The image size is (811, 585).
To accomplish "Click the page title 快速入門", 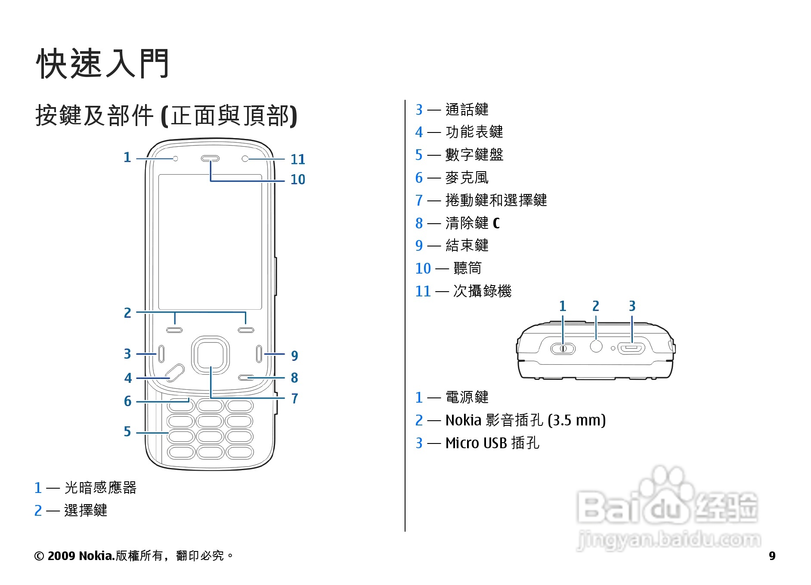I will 102,64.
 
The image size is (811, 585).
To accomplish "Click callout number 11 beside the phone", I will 297,160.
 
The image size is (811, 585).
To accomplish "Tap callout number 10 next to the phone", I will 297,179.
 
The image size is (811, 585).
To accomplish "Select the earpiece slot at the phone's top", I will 210,159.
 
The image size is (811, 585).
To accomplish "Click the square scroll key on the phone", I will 210,355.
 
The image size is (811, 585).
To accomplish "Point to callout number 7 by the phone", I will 294,399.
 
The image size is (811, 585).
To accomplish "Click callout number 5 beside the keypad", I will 127,431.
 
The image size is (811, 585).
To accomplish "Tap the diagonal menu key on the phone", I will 175,373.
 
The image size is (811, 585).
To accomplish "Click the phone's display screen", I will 210,242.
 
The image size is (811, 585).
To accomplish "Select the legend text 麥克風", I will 467,178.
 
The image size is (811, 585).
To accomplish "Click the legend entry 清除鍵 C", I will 472,223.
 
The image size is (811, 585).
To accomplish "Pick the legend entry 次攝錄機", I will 482,291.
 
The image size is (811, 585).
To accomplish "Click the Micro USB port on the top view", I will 631,348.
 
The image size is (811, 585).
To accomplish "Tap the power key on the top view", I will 563,348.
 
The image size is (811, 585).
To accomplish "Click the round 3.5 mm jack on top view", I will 596,346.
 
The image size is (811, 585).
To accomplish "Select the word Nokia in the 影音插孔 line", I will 463,420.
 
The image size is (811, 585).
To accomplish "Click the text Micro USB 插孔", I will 492,443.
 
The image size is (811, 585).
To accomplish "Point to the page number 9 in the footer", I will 772,556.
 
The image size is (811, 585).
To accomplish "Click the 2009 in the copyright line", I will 62,556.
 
